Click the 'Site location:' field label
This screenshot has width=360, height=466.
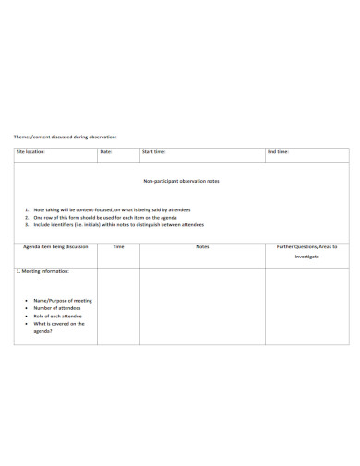tap(30, 151)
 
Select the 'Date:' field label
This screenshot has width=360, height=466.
tap(106, 151)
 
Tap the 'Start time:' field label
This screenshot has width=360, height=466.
tap(153, 151)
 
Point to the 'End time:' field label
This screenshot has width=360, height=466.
tap(278, 151)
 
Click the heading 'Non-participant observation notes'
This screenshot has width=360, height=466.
tap(181, 182)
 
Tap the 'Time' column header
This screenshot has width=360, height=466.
tap(118, 247)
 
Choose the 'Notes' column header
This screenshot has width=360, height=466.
tap(202, 247)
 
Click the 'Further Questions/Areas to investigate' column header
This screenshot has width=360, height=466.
tap(306, 251)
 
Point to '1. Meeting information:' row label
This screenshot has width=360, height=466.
tap(42, 271)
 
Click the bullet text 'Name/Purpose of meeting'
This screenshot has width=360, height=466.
tap(62, 301)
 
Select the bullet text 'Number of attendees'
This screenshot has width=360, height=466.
tap(58, 308)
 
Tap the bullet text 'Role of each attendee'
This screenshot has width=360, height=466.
tap(59, 317)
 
